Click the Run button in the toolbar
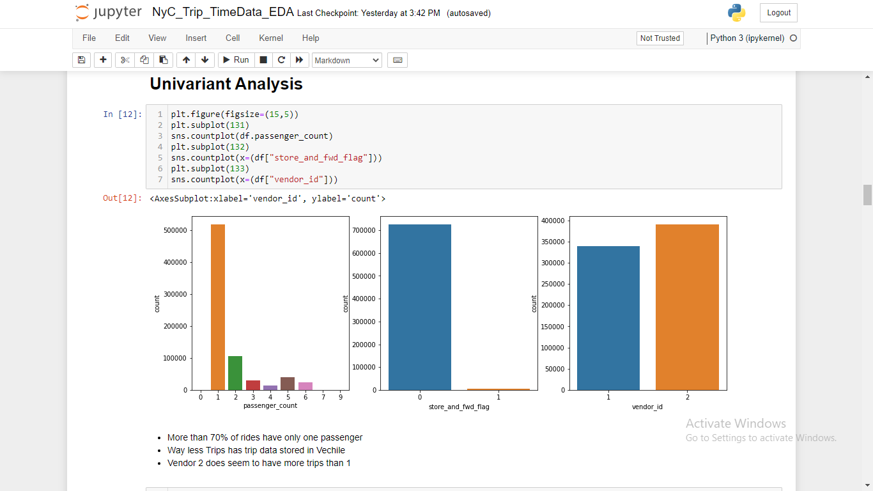coord(235,60)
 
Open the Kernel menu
coord(271,38)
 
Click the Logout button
coord(778,13)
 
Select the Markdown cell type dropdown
coord(346,60)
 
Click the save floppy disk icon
coord(81,60)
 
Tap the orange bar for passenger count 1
coord(218,307)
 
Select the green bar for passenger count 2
coord(235,373)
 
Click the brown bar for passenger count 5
coord(288,384)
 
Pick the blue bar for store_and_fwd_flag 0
coord(419,307)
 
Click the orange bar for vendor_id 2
coord(687,307)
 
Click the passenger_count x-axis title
coord(270,406)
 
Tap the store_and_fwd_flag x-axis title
coord(459,407)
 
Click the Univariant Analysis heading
coord(226,84)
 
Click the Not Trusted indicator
coord(660,38)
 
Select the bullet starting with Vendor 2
coord(259,463)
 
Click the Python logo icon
coord(736,13)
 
